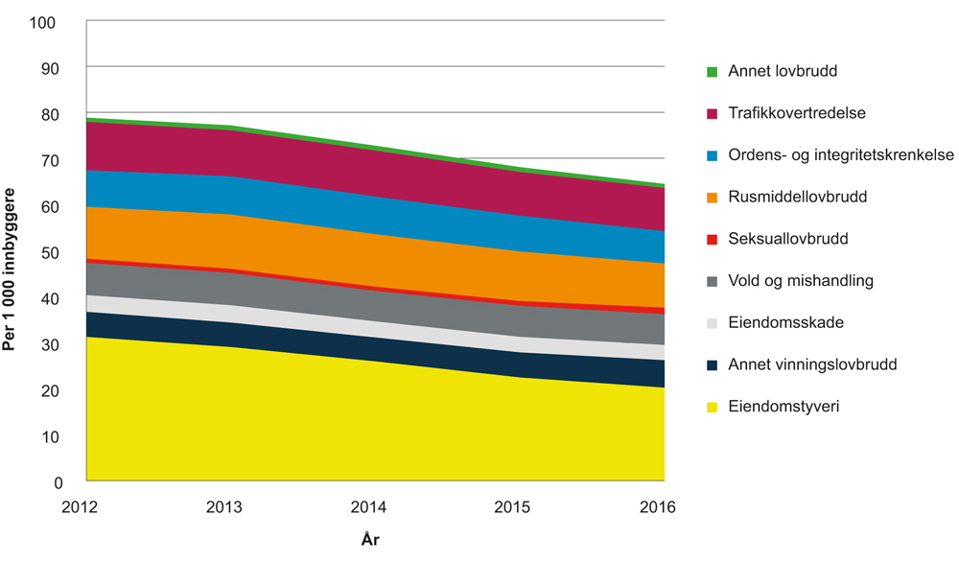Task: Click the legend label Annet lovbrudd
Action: pos(783,71)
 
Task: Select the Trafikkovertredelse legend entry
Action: pos(797,113)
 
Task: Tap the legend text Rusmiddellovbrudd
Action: pos(798,197)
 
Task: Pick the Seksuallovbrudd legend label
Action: pos(788,239)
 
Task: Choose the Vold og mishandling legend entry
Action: pos(801,281)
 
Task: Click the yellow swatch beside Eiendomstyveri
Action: pos(712,408)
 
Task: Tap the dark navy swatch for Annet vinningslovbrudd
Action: pos(712,365)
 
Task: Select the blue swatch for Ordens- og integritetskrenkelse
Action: pos(712,155)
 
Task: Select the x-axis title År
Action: pos(372,540)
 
